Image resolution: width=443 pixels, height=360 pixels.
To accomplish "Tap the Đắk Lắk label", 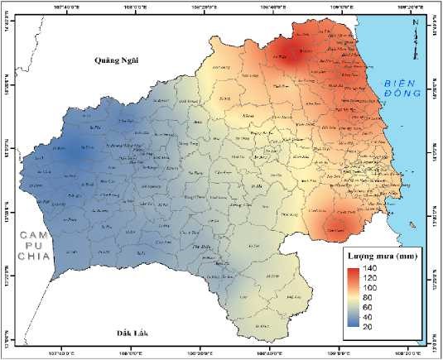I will click(123, 334).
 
